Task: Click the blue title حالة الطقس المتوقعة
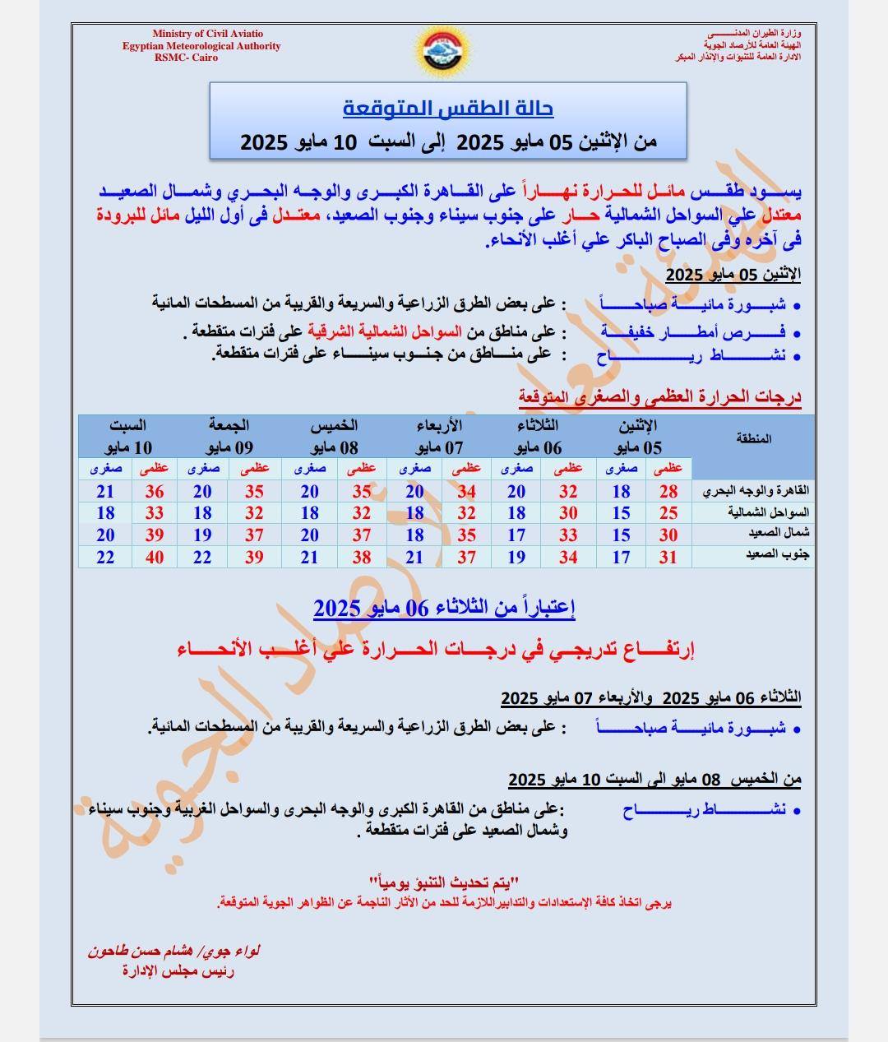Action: tap(447, 108)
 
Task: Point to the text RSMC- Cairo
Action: tap(180, 58)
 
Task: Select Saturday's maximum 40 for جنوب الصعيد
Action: tap(155, 558)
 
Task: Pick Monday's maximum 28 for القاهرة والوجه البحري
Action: tap(668, 492)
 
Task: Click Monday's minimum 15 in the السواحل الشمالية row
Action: tap(621, 513)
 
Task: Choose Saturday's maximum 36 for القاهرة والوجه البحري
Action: tap(155, 492)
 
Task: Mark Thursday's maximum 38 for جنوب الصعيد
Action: tap(362, 558)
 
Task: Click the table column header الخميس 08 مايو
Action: tap(334, 436)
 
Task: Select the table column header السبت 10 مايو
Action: tap(128, 436)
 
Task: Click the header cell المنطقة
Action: tap(753, 438)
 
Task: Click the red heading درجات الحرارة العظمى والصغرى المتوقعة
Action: tap(659, 397)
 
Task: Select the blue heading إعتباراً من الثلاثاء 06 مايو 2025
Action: tap(444, 609)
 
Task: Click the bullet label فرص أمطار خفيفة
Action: tap(692, 332)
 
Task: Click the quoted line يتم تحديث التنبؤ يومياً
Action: tap(444, 883)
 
